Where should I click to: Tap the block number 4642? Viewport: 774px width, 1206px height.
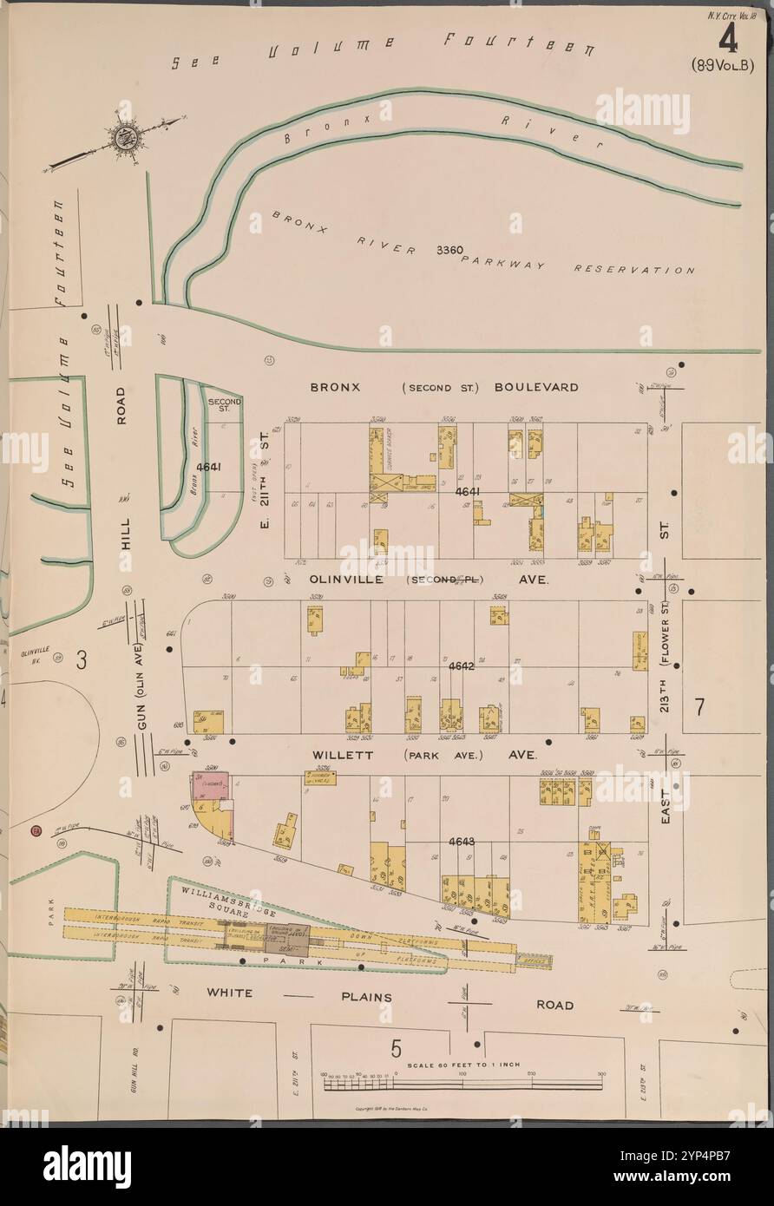(462, 666)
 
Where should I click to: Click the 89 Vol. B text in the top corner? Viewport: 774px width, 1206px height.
(724, 64)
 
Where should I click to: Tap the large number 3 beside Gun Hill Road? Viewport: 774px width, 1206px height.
(82, 659)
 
